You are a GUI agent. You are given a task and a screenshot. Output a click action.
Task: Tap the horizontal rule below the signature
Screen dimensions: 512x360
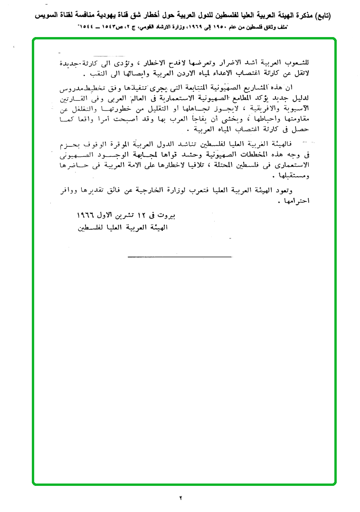tap(180, 257)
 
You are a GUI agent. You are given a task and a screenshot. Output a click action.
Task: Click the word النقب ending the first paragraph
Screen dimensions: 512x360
tap(97, 75)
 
